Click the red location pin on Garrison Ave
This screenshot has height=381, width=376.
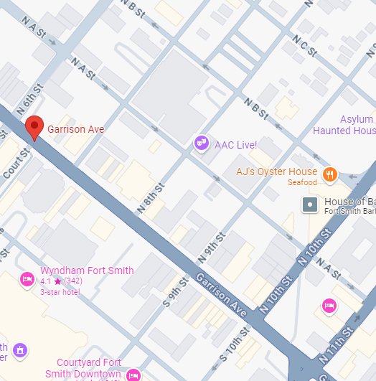pyautogui.click(x=34, y=128)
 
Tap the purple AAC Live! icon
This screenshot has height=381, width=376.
pyautogui.click(x=202, y=144)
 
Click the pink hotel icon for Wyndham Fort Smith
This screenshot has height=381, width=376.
pyautogui.click(x=27, y=278)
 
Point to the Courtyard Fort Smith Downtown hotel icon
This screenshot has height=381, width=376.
pyautogui.click(x=133, y=375)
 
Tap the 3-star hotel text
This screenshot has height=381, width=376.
pyautogui.click(x=60, y=291)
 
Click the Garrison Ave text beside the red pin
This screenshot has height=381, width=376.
pyautogui.click(x=75, y=129)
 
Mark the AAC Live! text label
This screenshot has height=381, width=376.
pyautogui.click(x=235, y=145)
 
